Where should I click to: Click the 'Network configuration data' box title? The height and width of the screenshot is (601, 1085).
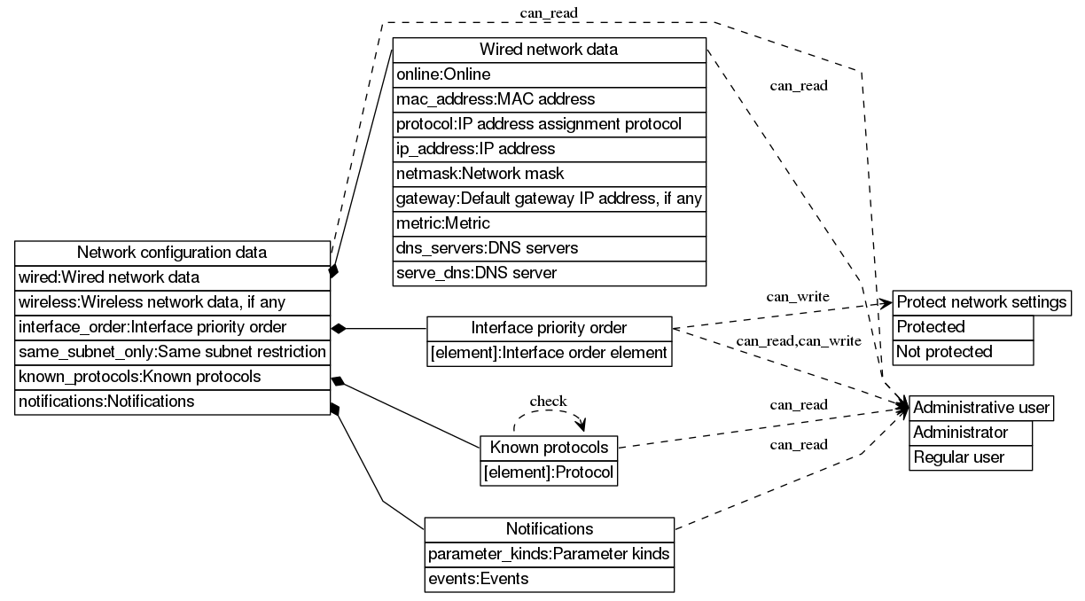tap(172, 253)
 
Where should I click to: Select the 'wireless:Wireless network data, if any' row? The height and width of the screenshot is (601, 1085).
tap(172, 302)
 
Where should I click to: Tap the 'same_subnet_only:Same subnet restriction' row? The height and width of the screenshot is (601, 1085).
tap(172, 352)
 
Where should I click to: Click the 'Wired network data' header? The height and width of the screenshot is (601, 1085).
tap(549, 50)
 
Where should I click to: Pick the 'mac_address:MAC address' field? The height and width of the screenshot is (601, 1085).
tap(549, 99)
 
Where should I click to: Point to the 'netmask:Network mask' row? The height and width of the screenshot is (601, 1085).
tap(549, 174)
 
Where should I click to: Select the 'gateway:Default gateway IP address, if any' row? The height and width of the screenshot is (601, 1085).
tap(549, 199)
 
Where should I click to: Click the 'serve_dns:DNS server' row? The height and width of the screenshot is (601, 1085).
tap(549, 273)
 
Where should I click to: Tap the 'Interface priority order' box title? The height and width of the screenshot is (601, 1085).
tap(549, 328)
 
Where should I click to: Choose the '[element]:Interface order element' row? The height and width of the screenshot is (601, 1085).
tap(549, 353)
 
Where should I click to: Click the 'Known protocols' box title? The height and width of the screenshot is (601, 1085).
tap(549, 447)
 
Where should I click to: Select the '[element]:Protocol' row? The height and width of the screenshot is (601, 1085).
tap(549, 472)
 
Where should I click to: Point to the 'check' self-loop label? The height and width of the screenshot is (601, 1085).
tap(548, 402)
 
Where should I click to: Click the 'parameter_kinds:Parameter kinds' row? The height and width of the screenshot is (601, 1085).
tap(549, 555)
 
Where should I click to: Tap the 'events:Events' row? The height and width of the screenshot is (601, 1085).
tap(549, 580)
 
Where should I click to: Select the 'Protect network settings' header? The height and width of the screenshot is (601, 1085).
tap(981, 302)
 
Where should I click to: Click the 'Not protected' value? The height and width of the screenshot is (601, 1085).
tap(963, 352)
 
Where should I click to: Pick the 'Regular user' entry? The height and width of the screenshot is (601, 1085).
tap(971, 457)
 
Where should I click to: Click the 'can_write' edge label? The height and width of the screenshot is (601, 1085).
tap(799, 296)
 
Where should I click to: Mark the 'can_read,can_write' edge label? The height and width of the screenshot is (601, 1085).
tap(799, 341)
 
